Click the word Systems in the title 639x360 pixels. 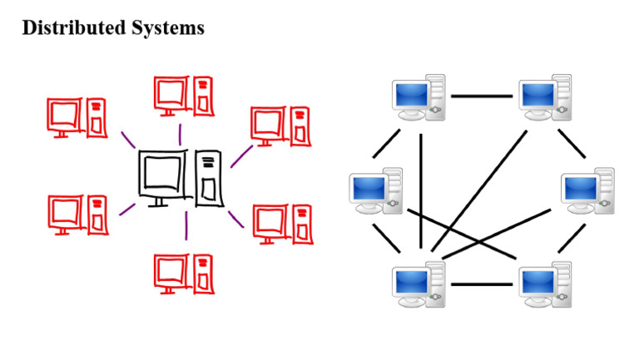pos(166,27)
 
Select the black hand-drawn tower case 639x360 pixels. pos(210,178)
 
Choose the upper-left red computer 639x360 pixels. pos(77,116)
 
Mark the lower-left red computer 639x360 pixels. pos(77,214)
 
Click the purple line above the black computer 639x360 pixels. pos(179,134)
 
